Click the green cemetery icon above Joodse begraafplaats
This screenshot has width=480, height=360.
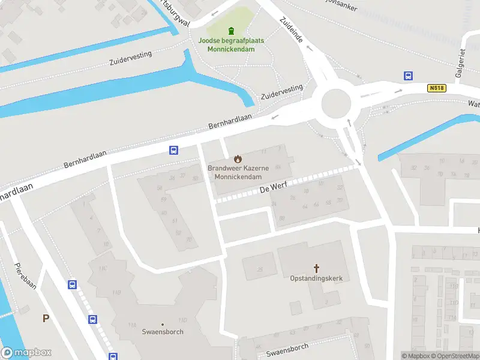point(231,31)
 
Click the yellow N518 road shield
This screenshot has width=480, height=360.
point(437,88)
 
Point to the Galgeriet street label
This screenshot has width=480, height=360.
point(463,62)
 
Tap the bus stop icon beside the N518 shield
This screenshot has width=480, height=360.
point(408,76)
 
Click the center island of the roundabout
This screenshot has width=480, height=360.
point(335,104)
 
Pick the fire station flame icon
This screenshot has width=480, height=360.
point(238,159)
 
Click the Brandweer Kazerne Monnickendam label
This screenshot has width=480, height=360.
point(238,173)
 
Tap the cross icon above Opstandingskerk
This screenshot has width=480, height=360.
point(316,268)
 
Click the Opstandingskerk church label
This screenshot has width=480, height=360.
point(316,279)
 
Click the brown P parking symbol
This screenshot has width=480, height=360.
point(46,319)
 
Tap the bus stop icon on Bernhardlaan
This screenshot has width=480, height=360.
point(173,151)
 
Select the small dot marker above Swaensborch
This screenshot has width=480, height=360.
point(163,324)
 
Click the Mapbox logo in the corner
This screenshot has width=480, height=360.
point(26,353)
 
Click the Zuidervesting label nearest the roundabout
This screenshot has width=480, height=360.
point(282,92)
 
